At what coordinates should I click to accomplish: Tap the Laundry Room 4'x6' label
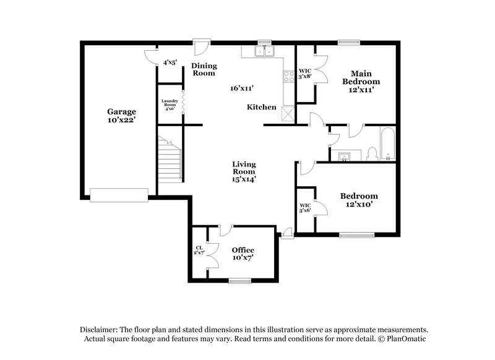(169, 105)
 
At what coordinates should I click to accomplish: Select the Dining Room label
(203, 69)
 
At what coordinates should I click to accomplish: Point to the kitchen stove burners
(288, 77)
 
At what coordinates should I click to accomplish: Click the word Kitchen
(262, 107)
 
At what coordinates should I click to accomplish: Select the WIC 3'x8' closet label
(304, 74)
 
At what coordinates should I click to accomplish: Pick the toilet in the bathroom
(372, 153)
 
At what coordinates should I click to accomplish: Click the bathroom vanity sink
(344, 154)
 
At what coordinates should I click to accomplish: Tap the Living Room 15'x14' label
(244, 171)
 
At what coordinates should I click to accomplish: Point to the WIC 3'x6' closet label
(305, 208)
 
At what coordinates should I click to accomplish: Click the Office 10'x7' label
(243, 254)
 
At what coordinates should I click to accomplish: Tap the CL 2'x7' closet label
(200, 251)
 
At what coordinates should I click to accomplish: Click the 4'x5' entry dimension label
(170, 62)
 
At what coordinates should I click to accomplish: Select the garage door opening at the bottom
(119, 195)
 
